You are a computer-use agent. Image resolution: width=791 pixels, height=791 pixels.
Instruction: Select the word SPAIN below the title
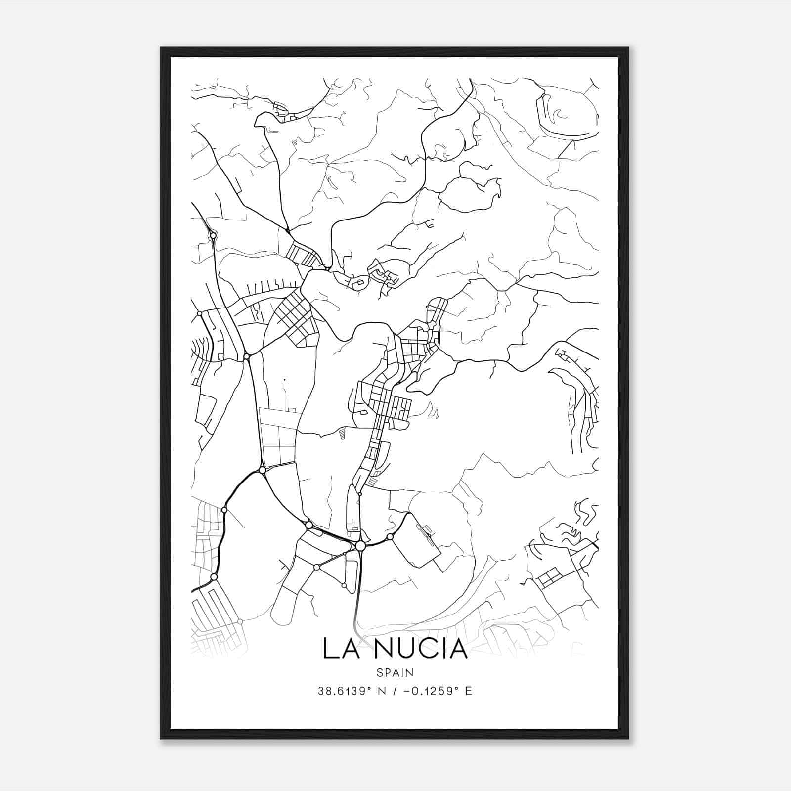click(395, 672)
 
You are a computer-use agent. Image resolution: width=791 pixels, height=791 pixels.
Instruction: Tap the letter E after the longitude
click(468, 691)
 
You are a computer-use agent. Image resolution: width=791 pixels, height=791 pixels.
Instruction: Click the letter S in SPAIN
click(379, 672)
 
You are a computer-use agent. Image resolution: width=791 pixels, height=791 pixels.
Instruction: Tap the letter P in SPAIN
click(387, 672)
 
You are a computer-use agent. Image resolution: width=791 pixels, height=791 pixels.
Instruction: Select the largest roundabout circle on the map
click(360, 546)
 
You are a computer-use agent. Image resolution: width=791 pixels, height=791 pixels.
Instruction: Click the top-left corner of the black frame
click(161, 48)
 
